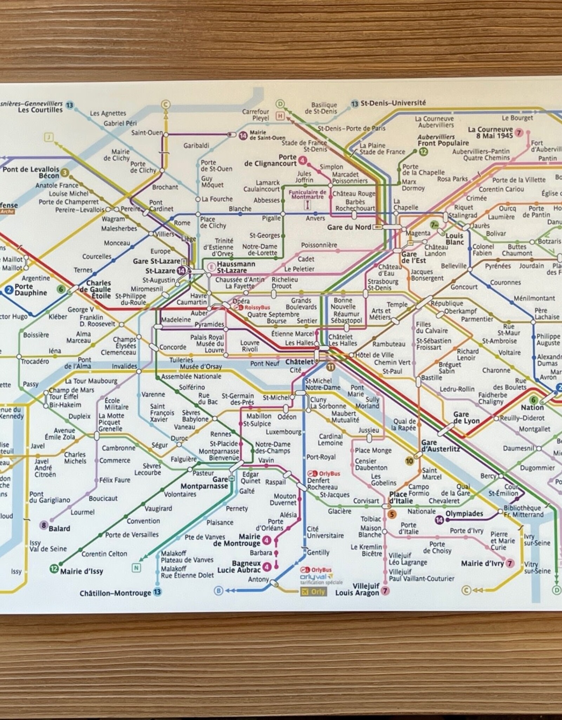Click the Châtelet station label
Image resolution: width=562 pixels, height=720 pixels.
click(299, 361)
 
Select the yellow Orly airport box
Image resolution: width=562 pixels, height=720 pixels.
click(313, 591)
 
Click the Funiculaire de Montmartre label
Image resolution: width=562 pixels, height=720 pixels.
click(307, 194)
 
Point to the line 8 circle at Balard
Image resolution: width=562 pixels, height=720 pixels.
click(44, 525)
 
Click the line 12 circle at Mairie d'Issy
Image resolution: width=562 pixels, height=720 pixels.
click(54, 568)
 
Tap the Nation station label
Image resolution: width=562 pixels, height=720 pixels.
click(532, 407)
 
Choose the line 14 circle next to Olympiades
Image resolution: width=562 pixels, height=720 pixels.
click(439, 520)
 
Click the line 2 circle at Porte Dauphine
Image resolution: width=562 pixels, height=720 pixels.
click(9, 290)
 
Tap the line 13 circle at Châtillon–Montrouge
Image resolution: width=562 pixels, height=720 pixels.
click(157, 592)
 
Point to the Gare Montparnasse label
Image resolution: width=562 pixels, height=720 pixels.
click(204, 483)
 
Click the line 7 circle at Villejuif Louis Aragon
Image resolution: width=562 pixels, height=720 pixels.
click(385, 591)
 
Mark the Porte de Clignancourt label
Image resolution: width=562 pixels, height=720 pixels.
click(270, 160)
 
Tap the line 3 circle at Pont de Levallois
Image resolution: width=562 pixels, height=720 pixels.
click(64, 172)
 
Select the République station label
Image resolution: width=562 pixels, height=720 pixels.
click(446, 303)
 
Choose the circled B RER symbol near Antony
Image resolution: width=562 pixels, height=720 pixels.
click(218, 591)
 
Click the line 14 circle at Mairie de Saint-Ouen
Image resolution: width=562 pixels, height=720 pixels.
click(243, 136)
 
